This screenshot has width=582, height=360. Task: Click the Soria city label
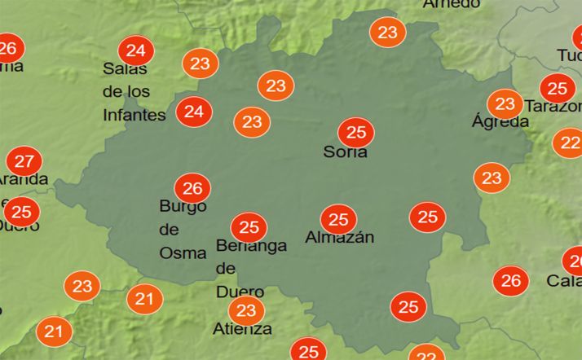click(345, 151)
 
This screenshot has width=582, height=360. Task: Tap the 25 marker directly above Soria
click(356, 132)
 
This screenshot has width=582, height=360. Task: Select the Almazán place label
click(339, 238)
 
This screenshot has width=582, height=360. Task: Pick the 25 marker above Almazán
click(338, 219)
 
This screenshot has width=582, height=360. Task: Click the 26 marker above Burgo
click(192, 189)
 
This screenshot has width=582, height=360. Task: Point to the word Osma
click(183, 252)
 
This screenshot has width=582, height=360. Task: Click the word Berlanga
click(251, 245)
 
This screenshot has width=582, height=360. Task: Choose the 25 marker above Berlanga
click(249, 227)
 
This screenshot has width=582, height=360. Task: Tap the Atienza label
click(242, 329)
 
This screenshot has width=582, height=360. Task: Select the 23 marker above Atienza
click(245, 310)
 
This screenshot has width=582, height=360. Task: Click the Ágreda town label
click(500, 122)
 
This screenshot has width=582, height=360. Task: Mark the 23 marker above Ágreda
click(505, 104)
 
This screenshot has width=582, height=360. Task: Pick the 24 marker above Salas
click(136, 52)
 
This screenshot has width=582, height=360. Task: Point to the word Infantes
click(134, 115)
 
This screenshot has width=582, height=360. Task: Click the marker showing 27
click(24, 160)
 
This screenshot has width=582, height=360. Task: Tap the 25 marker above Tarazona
click(558, 88)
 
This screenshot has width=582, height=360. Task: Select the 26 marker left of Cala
click(510, 282)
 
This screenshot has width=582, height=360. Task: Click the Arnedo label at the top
click(451, 4)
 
